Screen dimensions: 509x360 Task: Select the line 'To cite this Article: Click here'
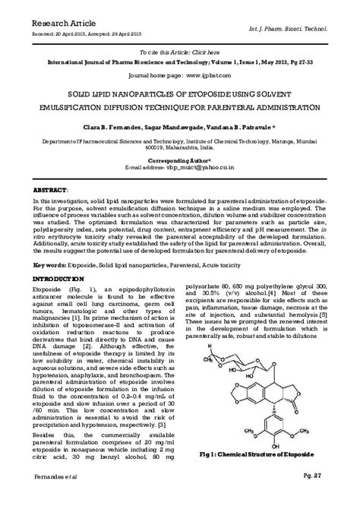tap(179, 49)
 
